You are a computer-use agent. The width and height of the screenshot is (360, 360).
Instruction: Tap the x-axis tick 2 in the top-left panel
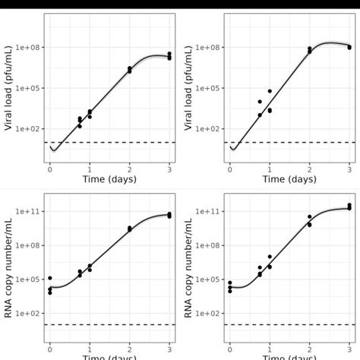click(130, 169)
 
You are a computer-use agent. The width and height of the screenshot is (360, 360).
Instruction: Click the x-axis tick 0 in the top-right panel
click(229, 169)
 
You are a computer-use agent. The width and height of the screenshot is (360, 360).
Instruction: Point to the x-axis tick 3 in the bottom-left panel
click(169, 348)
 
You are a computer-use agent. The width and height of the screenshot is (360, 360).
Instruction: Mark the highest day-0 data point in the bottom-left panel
click(50, 278)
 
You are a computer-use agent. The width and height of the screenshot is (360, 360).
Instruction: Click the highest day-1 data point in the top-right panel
click(270, 91)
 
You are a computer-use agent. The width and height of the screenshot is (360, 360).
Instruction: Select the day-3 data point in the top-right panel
click(349, 47)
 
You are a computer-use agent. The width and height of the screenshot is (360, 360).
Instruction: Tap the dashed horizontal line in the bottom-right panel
click(289, 324)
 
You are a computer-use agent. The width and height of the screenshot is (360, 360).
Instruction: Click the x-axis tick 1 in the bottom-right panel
click(270, 348)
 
